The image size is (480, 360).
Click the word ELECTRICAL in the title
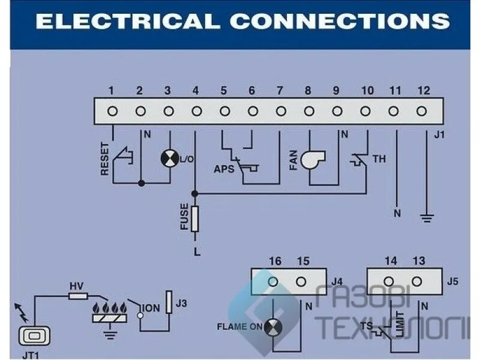pyautogui.click(x=127, y=21)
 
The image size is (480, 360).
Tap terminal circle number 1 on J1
pyautogui.click(x=112, y=111)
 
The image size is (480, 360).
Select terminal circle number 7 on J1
pyautogui.click(x=281, y=111)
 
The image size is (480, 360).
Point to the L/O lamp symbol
pyautogui.click(x=169, y=159)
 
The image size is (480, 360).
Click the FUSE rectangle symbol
pyautogui.click(x=194, y=218)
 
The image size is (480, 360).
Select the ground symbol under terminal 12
pyautogui.click(x=426, y=217)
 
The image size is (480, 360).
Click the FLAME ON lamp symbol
pyautogui.click(x=273, y=327)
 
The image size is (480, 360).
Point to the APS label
pyautogui.click(x=223, y=169)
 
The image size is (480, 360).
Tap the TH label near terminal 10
pyautogui.click(x=379, y=160)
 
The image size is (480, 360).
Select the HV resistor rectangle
pyautogui.click(x=79, y=296)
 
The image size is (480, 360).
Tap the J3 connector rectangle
pyautogui.click(x=170, y=302)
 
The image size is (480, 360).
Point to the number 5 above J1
pyautogui.click(x=224, y=91)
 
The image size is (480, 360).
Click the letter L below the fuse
pyautogui.click(x=196, y=251)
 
